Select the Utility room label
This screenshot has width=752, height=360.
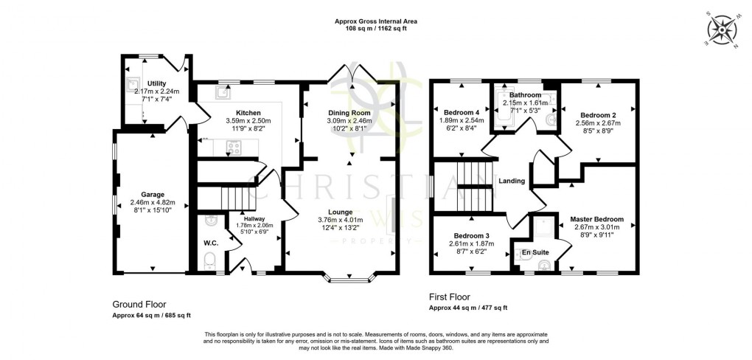[156, 83]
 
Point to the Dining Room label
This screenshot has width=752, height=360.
[352, 112]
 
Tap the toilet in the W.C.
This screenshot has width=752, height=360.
[209, 260]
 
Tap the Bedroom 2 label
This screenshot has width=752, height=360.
[598, 115]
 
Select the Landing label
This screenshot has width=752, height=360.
[512, 181]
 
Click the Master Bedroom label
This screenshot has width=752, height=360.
[597, 219]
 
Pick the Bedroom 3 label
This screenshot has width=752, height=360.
[470, 235]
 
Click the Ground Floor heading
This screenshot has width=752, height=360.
[139, 304]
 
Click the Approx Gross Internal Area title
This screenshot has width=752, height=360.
[376, 21]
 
